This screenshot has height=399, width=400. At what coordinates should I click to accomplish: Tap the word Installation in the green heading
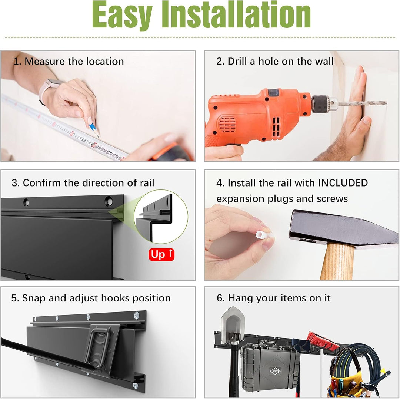click(236, 14)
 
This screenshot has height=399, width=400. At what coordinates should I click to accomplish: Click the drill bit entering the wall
click(362, 103)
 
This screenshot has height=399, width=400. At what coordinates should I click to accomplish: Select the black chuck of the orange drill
click(320, 104)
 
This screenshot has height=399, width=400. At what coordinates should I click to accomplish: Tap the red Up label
click(161, 254)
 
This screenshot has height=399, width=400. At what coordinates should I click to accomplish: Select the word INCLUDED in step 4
click(343, 183)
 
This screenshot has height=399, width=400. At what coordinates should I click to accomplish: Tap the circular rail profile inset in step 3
click(161, 217)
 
